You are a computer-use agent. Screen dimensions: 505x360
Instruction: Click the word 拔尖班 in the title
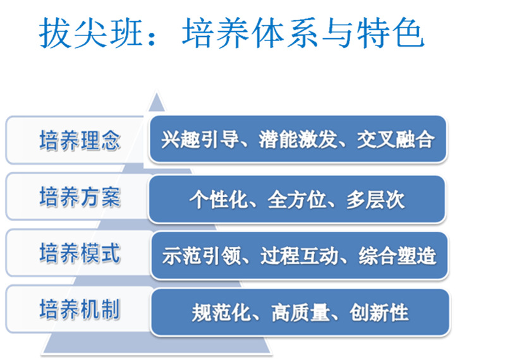[x=91, y=33]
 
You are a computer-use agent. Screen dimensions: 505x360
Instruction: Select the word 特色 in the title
[x=391, y=33]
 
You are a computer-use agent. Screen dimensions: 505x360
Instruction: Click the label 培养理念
[x=80, y=140]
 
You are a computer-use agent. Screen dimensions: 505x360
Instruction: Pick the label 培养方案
[x=80, y=196]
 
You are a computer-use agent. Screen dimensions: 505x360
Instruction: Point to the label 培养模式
[x=80, y=253]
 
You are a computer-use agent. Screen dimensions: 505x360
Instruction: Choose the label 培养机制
[x=80, y=309]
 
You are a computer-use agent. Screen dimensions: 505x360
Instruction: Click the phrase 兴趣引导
[x=200, y=140]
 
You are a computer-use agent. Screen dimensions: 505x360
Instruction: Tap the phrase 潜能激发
[x=298, y=140]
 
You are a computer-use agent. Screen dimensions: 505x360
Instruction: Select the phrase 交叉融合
[x=396, y=140]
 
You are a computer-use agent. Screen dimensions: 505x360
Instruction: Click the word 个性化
[x=219, y=200]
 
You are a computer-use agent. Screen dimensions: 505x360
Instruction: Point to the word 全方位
[x=297, y=200]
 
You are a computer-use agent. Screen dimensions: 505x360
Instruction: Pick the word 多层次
[x=375, y=200]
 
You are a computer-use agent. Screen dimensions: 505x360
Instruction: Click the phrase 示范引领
[x=201, y=256]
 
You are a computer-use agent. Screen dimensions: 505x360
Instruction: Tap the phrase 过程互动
[x=300, y=256]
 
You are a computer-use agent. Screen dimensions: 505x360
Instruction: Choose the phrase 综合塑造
[x=398, y=256]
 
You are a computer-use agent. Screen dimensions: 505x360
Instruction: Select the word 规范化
[x=221, y=313]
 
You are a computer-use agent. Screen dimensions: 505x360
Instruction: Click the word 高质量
[x=300, y=313]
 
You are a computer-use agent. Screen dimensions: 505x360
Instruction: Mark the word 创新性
[x=379, y=313]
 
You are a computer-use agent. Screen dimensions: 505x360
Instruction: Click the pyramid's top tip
[x=157, y=93]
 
